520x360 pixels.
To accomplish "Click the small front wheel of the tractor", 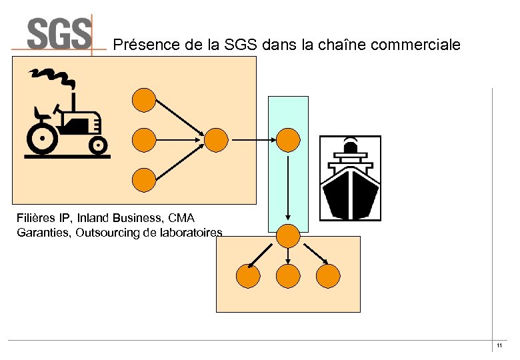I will tap(98, 144).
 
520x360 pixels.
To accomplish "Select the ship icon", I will tap(350, 178).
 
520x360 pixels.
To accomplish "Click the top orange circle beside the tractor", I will tap(144, 100).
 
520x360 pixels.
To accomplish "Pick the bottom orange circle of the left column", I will tap(144, 179).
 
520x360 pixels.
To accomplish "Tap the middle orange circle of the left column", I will tap(144, 139).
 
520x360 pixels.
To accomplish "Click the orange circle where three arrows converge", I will tap(216, 139).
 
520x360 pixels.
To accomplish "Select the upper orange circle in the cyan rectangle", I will tap(288, 139).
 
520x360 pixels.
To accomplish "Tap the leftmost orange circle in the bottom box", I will tap(248, 275).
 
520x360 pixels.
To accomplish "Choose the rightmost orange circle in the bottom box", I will tap(327, 275).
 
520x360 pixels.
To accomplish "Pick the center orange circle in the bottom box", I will tap(288, 275).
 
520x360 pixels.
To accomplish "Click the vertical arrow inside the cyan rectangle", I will tap(288, 187).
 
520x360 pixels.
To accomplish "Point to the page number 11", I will tap(499, 346).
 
